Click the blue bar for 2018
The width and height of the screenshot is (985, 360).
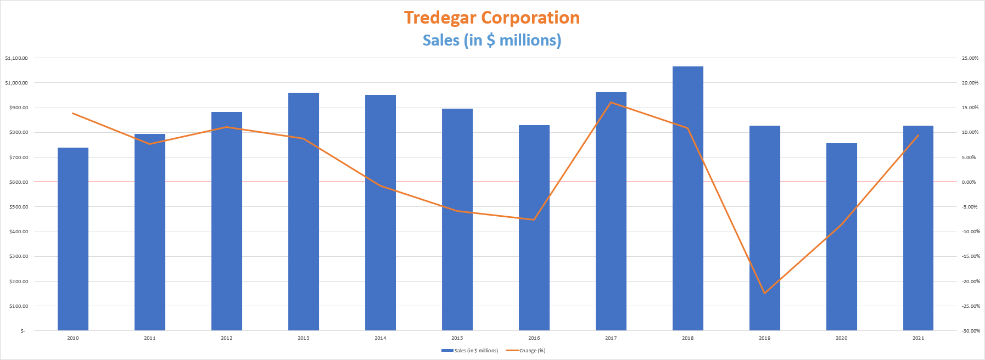pyautogui.click(x=687, y=198)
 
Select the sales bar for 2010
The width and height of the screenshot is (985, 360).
pyautogui.click(x=73, y=239)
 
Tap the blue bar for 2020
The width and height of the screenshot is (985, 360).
pyautogui.click(x=841, y=236)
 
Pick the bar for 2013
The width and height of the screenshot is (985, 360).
pyautogui.click(x=304, y=211)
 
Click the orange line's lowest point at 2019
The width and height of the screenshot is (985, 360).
pyautogui.click(x=764, y=293)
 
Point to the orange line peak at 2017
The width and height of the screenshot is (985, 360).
pyautogui.click(x=611, y=103)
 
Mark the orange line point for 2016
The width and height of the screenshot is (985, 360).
pyautogui.click(x=534, y=220)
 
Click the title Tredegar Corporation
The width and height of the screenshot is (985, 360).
pyautogui.click(x=492, y=18)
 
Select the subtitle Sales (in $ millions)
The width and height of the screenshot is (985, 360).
pyautogui.click(x=492, y=40)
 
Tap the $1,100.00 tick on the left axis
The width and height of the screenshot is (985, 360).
pyautogui.click(x=16, y=58)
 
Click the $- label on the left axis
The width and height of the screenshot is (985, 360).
pyautogui.click(x=23, y=331)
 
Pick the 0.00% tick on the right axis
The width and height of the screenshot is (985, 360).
pyautogui.click(x=969, y=182)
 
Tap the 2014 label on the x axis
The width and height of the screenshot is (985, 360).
pyautogui.click(x=380, y=338)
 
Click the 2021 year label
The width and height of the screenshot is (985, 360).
pyautogui.click(x=918, y=338)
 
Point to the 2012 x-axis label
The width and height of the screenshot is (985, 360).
pyautogui.click(x=227, y=338)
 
